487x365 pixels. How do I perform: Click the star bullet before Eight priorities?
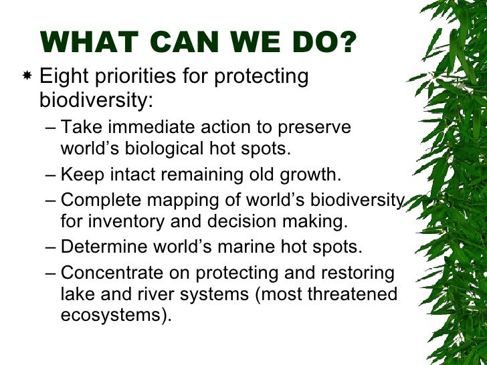coord(27,78)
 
